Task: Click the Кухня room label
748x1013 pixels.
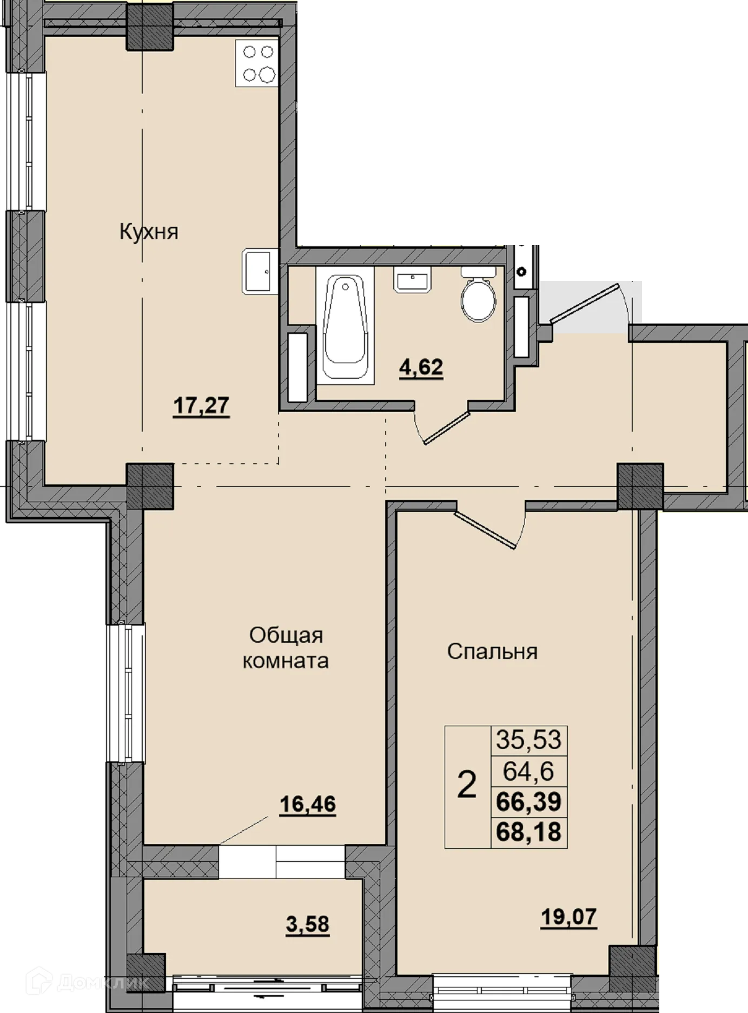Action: [149, 232]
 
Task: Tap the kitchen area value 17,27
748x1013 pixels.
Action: [201, 405]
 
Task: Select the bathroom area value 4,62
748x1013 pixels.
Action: [421, 368]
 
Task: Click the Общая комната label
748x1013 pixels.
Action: [286, 648]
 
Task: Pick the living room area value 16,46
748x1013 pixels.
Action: [307, 805]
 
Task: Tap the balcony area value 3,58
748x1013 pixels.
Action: [307, 924]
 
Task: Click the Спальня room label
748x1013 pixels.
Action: [492, 652]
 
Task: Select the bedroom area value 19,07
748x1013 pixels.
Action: [569, 917]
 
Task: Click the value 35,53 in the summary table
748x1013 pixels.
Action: [529, 740]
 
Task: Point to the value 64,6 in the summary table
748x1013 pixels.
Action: [529, 771]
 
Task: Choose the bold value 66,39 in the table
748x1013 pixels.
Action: [529, 801]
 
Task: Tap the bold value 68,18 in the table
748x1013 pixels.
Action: [529, 831]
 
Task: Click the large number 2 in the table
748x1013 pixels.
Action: [467, 786]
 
